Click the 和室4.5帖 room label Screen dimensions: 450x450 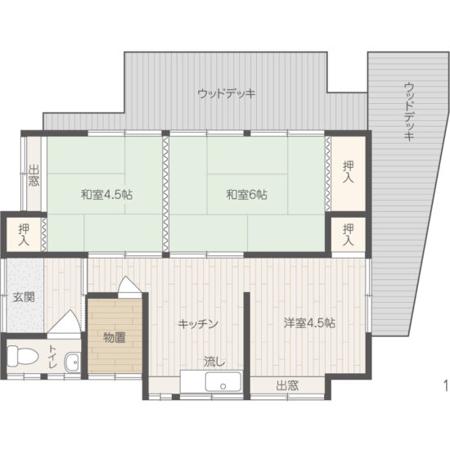(x=107, y=196)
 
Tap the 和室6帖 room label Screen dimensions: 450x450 (x=246, y=196)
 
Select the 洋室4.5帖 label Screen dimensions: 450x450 (x=309, y=322)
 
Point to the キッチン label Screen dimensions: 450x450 (x=198, y=323)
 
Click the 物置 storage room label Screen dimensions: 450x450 (x=115, y=336)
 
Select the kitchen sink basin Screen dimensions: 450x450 (x=222, y=382)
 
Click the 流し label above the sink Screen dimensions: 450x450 (x=214, y=361)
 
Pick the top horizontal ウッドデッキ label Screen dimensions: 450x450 (x=227, y=93)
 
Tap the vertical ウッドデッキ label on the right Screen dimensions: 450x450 (x=408, y=112)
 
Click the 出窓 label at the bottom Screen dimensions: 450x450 (x=286, y=385)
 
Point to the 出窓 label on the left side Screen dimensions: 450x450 (x=34, y=176)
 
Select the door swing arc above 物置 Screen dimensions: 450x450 (x=128, y=286)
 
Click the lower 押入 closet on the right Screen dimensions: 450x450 (x=349, y=234)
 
